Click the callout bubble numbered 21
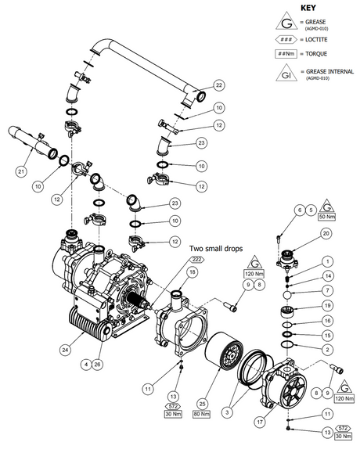tap(21, 171)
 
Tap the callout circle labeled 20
tap(326, 233)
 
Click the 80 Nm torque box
tap(207, 421)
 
